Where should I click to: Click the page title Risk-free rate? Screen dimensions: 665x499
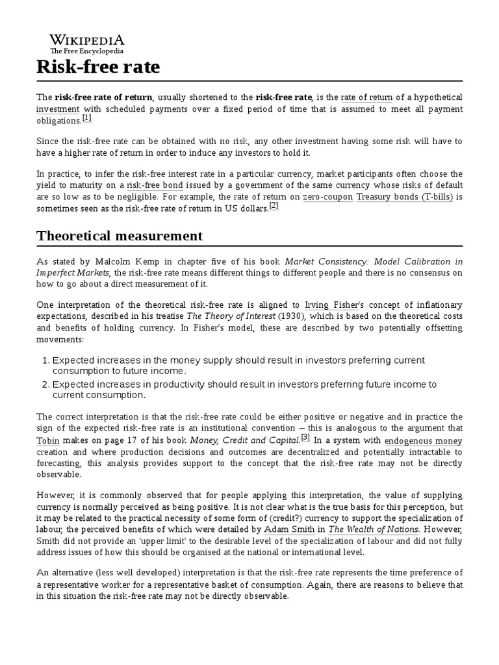pos(97,67)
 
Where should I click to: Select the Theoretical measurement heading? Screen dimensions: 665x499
pos(120,235)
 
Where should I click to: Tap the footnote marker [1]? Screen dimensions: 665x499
pos(87,119)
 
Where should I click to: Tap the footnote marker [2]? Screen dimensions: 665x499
pos(274,205)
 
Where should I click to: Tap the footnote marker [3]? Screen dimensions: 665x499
pos(305,436)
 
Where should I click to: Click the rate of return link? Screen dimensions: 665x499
pos(366,97)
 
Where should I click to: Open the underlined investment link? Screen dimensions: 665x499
pos(58,109)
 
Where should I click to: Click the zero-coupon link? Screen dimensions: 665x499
pos(328,196)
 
